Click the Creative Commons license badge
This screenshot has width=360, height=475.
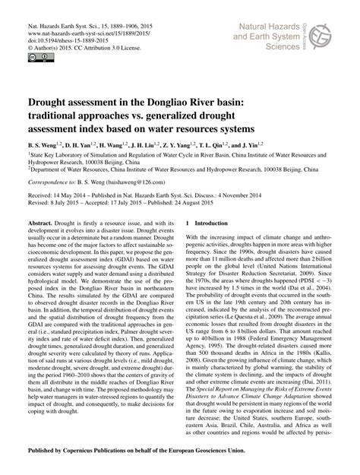pyautogui.click(x=35, y=56)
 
